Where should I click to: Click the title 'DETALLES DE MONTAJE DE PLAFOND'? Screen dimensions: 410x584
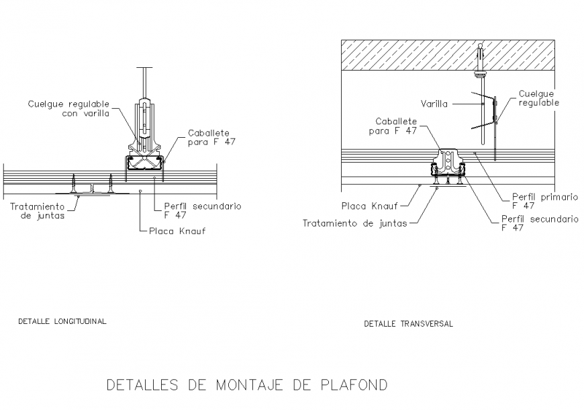point(247,385)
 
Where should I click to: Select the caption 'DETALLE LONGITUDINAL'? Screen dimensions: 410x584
point(62,321)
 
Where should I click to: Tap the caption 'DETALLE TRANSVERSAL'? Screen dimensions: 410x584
point(408,323)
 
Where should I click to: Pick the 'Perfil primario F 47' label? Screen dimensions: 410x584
point(544,201)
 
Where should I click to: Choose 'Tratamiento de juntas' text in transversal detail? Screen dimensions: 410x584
point(354,223)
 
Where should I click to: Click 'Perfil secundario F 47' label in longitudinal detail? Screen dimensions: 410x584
point(202,210)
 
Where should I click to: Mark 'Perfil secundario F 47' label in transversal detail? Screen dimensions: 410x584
point(540,223)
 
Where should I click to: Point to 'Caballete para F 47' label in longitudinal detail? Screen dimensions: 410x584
point(212,137)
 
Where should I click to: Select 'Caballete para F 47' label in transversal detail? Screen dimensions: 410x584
point(396,126)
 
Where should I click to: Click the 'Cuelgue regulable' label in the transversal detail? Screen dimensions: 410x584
point(538,99)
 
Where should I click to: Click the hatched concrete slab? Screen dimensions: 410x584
point(403,55)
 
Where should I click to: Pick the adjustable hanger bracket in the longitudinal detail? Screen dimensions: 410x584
point(144,124)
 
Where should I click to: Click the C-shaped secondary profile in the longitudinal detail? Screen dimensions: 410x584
point(145,163)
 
